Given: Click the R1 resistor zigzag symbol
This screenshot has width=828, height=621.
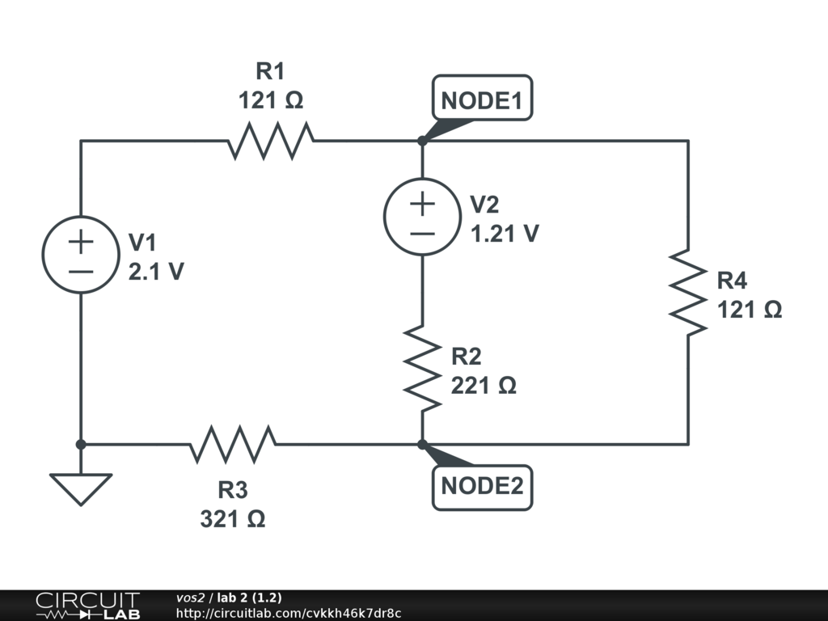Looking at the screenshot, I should (x=271, y=141).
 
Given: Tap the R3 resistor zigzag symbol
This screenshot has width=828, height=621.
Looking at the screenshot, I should (x=234, y=444).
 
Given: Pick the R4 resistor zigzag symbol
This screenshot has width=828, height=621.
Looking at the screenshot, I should (x=688, y=293).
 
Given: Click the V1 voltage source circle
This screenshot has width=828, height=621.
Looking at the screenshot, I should (x=81, y=255).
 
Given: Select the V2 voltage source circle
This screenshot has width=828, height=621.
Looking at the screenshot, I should (x=422, y=217).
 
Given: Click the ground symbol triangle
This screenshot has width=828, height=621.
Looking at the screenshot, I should (x=81, y=488).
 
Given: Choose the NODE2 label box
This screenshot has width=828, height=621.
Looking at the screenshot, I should (x=483, y=487).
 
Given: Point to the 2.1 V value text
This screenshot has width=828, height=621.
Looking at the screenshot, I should (x=156, y=272).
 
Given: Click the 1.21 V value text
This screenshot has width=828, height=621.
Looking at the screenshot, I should (x=505, y=234).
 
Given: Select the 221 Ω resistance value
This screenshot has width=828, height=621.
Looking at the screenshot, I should (x=484, y=385).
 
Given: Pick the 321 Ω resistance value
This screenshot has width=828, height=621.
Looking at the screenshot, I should (x=233, y=518).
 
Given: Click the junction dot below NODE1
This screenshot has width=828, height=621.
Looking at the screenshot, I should (x=422, y=141).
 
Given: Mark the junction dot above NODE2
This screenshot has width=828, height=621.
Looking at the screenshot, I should (x=422, y=444).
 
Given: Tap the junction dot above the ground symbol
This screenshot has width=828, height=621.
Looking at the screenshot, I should (x=81, y=444).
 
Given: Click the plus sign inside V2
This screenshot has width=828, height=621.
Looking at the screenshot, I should (x=422, y=203).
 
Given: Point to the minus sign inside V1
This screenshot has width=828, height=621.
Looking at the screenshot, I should (x=81, y=270).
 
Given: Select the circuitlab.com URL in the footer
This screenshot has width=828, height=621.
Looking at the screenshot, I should (x=289, y=614).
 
